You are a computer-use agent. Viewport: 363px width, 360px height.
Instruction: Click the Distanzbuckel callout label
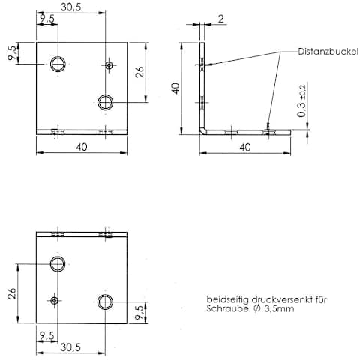[x=328, y=52]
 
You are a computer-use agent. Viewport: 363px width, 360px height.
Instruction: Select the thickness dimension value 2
[x=221, y=19]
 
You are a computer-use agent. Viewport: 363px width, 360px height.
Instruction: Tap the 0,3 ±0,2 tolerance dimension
[x=301, y=101]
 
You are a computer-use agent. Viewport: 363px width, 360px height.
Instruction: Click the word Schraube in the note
[x=227, y=308]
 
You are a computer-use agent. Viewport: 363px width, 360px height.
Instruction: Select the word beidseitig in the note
[x=227, y=300]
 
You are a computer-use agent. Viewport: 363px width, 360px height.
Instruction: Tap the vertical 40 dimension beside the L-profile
[x=176, y=88]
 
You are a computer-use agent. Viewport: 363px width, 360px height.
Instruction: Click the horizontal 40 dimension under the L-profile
[x=245, y=147]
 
